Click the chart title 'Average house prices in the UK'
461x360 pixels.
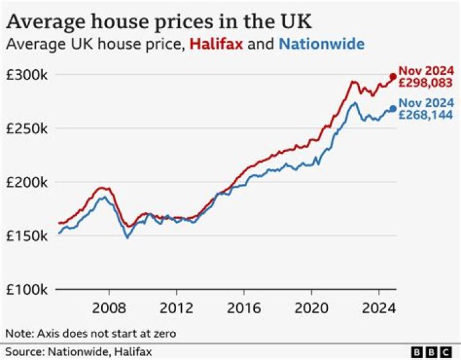click(159, 21)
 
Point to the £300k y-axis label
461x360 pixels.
click(26, 74)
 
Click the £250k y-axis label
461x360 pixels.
click(26, 128)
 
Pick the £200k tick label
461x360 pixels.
click(26, 182)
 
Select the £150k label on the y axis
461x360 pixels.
click(26, 236)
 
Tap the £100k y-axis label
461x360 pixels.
click(26, 290)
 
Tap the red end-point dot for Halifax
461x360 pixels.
click(392, 76)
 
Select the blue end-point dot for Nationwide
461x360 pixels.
click(392, 109)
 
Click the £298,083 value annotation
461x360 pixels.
click(426, 82)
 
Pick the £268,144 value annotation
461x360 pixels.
click(426, 115)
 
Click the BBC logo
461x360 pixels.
click(432, 352)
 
